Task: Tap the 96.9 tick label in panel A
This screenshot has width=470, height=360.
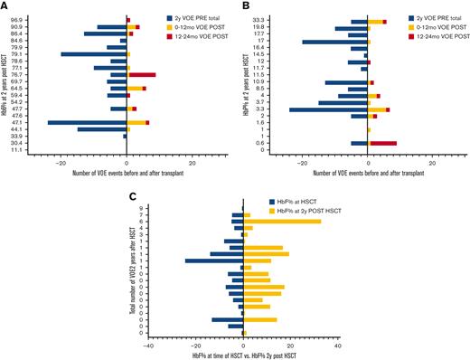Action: (x=16, y=19)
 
